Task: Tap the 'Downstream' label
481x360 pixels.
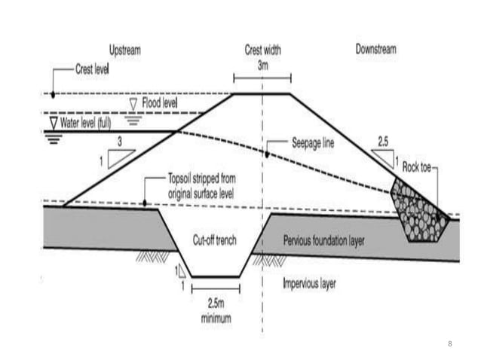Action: pos(375,50)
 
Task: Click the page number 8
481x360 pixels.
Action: pos(449,343)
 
